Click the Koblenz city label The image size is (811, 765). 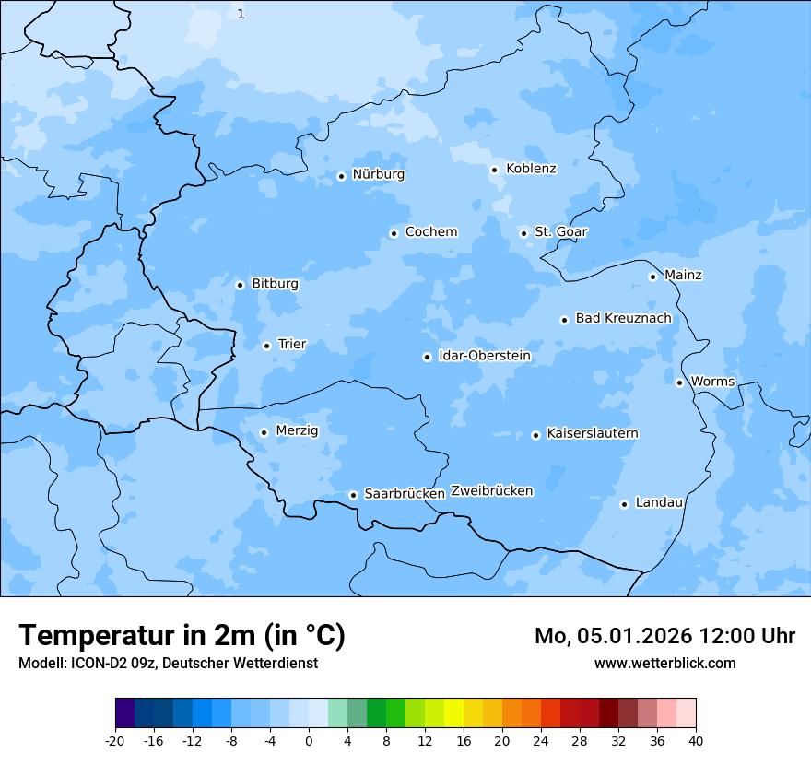(531, 169)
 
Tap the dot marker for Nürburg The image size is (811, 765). (341, 176)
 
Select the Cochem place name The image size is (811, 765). (430, 232)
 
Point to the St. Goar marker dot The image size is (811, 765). (523, 233)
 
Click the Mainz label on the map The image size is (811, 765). (683, 276)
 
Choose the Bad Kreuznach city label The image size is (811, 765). (623, 319)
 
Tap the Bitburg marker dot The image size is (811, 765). (240, 285)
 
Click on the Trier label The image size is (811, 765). (292, 345)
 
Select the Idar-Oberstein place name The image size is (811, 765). (485, 356)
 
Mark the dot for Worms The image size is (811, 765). (679, 382)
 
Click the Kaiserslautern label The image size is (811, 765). (592, 434)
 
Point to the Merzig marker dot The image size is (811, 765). (264, 432)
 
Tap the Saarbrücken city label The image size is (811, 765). (405, 494)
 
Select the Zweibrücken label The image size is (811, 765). (491, 491)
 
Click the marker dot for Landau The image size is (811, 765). (624, 504)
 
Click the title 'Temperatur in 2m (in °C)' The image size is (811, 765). (182, 636)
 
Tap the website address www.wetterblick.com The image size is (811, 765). (664, 664)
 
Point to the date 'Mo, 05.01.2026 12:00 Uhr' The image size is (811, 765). (664, 636)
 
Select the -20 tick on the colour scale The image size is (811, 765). (115, 741)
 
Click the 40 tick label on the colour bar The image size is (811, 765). (696, 741)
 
